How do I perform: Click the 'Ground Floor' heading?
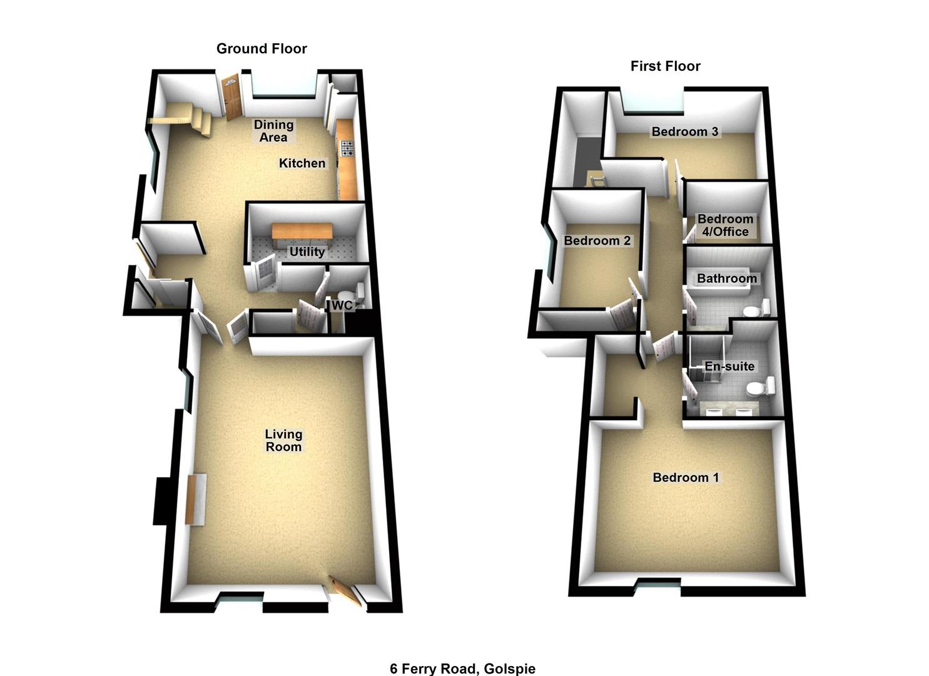pyautogui.click(x=261, y=49)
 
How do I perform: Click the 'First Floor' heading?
pyautogui.click(x=665, y=66)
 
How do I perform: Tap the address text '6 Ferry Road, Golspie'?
pyautogui.click(x=462, y=668)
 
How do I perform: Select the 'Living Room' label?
pyautogui.click(x=283, y=440)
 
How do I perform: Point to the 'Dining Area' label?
pyautogui.click(x=273, y=131)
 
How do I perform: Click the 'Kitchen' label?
pyautogui.click(x=302, y=163)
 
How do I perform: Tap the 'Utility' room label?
pyautogui.click(x=307, y=252)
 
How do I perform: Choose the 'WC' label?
pyautogui.click(x=342, y=305)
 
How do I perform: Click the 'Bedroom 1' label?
pyautogui.click(x=686, y=478)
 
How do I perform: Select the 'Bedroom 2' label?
pyautogui.click(x=597, y=241)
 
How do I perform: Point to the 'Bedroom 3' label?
pyautogui.click(x=684, y=131)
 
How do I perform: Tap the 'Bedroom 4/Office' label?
pyautogui.click(x=725, y=225)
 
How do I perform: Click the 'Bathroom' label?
pyautogui.click(x=726, y=279)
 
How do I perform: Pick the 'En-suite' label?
pyautogui.click(x=729, y=366)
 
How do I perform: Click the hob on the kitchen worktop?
pyautogui.click(x=346, y=148)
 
